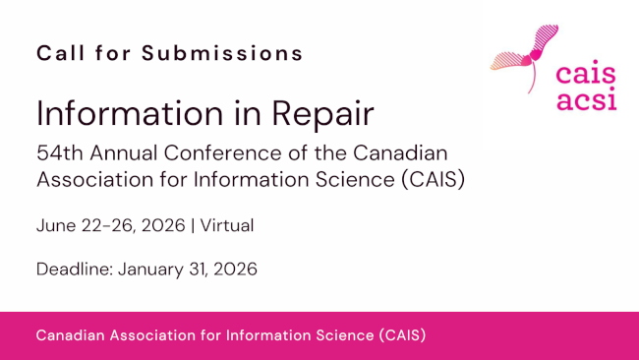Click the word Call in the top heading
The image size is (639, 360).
pyautogui.click(x=57, y=53)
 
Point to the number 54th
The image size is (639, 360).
pyautogui.click(x=57, y=153)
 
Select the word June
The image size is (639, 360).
pyautogui.click(x=55, y=225)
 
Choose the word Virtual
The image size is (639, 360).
pyautogui.click(x=227, y=225)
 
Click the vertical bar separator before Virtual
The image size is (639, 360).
pyautogui.click(x=193, y=225)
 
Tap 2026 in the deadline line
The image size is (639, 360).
pyautogui.click(x=236, y=269)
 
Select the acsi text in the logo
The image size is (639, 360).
pyautogui.click(x=587, y=101)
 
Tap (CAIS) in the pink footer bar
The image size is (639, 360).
pyautogui.click(x=401, y=335)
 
